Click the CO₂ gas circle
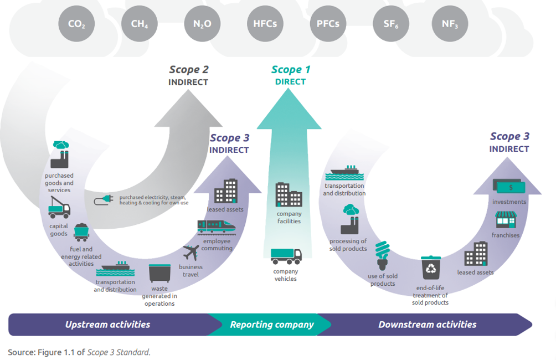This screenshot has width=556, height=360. click(x=76, y=24)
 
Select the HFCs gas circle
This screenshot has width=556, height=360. click(x=265, y=24)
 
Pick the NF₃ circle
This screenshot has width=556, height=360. click(x=450, y=24)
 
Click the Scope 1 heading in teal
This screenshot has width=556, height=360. click(x=291, y=70)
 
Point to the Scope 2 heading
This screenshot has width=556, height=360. click(x=189, y=70)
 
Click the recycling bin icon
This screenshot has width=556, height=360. click(x=430, y=269)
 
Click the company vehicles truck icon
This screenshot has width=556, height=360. click(x=286, y=256)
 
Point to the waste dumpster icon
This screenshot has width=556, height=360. click(x=159, y=274)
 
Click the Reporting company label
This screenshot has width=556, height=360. click(x=272, y=325)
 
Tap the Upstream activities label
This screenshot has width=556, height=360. click(x=107, y=325)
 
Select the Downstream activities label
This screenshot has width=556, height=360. click(x=427, y=325)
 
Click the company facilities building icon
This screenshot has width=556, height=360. click(x=289, y=194)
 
